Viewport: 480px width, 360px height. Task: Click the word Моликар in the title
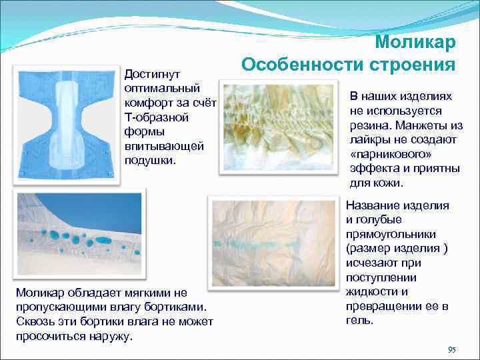point(415,43)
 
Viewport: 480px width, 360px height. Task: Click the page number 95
point(451,350)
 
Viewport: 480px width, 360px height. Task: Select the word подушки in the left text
point(149,161)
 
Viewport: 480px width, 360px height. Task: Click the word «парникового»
point(383,154)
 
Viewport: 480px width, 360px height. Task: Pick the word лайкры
point(368,139)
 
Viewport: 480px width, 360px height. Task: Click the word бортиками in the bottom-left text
point(176,307)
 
